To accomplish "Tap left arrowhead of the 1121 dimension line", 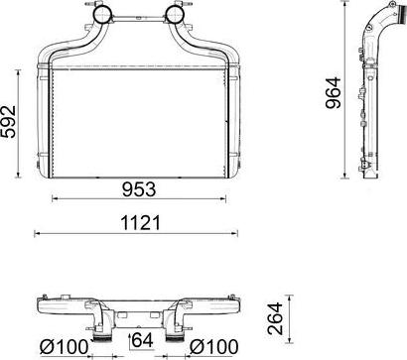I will click(37, 235).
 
